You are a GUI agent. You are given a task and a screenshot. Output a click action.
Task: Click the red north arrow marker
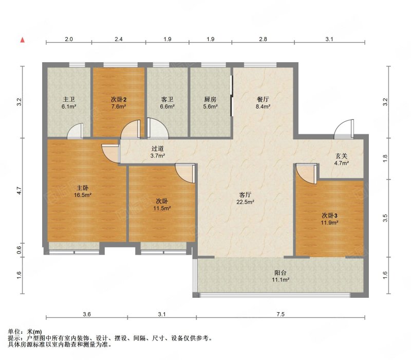click(x=23, y=40)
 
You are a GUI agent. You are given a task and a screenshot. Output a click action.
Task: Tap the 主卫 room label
click(x=69, y=99)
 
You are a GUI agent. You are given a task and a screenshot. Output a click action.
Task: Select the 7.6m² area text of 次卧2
click(x=119, y=106)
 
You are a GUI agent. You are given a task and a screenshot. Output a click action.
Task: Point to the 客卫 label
click(x=167, y=99)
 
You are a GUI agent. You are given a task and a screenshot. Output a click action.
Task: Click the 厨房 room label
click(x=210, y=99)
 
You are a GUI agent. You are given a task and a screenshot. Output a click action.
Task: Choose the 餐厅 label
click(x=263, y=99)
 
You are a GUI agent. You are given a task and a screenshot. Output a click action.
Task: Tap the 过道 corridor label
click(x=158, y=149)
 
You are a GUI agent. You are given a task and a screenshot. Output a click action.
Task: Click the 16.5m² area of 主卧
click(x=83, y=195)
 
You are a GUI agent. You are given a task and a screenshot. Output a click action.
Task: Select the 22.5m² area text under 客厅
click(x=246, y=202)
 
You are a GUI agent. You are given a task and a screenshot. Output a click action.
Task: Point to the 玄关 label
click(x=341, y=156)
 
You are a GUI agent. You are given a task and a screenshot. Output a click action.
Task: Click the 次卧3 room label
click(x=329, y=215)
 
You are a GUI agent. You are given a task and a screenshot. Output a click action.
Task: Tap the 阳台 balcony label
click(x=281, y=273)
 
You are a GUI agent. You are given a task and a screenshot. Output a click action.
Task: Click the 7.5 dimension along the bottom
click(x=281, y=314)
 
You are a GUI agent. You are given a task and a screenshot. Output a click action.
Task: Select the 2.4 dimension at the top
click(x=119, y=39)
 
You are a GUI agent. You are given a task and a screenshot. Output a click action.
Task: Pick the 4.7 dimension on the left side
click(x=18, y=190)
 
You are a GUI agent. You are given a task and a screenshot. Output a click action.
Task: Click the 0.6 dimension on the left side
click(x=18, y=250)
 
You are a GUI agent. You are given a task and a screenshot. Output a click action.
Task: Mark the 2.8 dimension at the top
click(x=263, y=39)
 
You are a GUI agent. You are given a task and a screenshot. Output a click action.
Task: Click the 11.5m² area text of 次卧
click(x=162, y=208)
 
